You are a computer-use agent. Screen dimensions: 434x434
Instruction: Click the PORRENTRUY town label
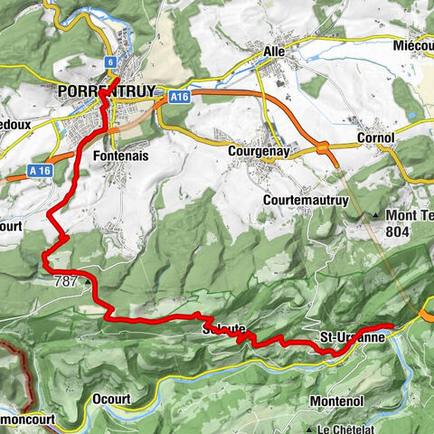[105, 92]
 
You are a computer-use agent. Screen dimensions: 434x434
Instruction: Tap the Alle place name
[273, 52]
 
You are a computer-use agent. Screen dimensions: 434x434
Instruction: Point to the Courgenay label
[259, 153]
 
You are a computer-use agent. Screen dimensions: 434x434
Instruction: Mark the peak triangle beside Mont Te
[376, 216]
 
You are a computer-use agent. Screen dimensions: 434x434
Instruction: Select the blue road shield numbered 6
[110, 61]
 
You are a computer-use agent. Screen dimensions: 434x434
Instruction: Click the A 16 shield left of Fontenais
[38, 169]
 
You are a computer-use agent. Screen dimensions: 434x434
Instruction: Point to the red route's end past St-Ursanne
[391, 325]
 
